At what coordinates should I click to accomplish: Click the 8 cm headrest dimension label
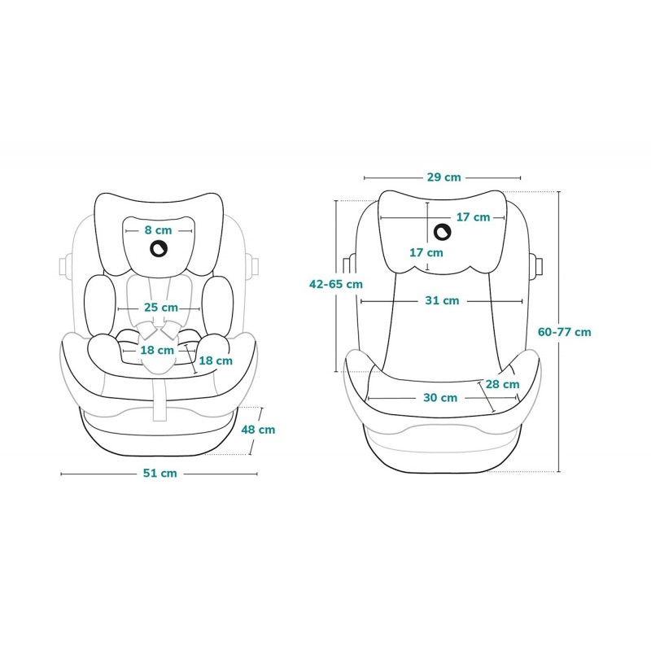(x=159, y=229)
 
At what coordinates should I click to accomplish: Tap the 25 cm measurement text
(x=160, y=308)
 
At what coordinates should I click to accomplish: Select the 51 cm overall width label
(x=159, y=473)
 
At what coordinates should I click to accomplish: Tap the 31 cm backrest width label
(x=442, y=300)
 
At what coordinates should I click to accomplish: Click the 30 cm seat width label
(x=440, y=397)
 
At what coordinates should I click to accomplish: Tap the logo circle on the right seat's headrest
(x=443, y=233)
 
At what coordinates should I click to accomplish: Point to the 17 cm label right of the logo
(x=473, y=216)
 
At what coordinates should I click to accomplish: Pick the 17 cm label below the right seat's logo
(x=426, y=252)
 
